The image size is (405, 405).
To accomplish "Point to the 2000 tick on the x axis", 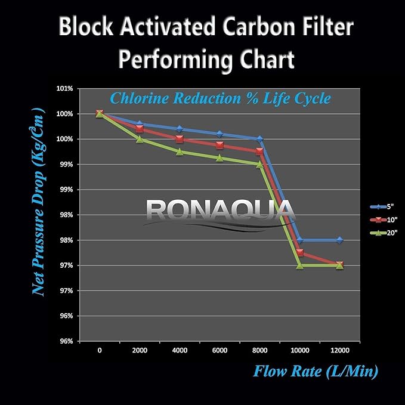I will (140, 350).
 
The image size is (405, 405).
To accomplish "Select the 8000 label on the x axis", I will (259, 350).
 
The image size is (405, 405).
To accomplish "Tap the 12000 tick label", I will (339, 350).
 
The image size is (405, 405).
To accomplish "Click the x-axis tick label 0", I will (100, 350).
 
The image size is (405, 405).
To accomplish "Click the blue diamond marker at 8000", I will (259, 139).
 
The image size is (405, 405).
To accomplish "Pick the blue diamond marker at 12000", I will (339, 240).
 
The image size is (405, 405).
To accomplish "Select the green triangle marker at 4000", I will (180, 152).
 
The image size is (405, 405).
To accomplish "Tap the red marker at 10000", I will (299, 253).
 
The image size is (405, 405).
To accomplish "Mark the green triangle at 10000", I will (299, 265).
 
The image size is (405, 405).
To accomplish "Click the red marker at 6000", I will (219, 145).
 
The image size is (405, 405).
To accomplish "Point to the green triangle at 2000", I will (140, 139).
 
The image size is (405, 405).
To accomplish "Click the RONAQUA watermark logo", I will (219, 210).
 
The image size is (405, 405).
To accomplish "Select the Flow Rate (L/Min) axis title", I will (315, 372).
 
